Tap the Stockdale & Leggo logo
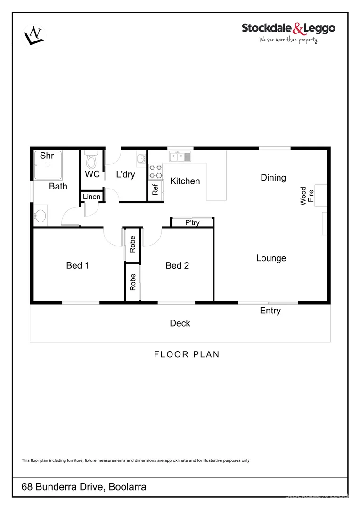click(x=288, y=32)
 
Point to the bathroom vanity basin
click(x=41, y=216)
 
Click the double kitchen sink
click(x=180, y=156)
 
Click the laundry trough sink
click(x=141, y=159)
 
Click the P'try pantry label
click(x=192, y=223)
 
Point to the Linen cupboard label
click(x=92, y=197)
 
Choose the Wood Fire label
click(x=307, y=196)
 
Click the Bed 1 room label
click(x=78, y=266)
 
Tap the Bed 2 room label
click(x=177, y=266)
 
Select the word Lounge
click(x=271, y=258)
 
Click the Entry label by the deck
click(x=270, y=311)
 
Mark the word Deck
click(x=180, y=323)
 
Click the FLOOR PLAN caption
click(x=187, y=354)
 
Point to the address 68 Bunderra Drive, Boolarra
click(x=84, y=487)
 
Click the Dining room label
click(x=273, y=178)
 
